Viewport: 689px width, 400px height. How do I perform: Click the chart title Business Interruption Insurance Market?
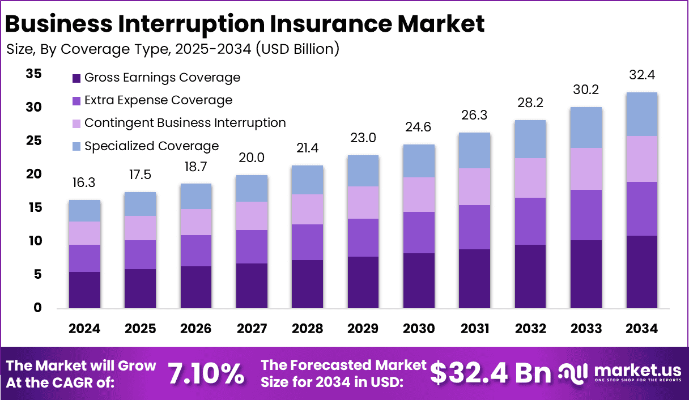coord(245,24)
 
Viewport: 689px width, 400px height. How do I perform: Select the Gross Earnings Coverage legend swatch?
coord(77,78)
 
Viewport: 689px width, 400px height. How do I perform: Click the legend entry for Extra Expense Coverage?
coord(158,100)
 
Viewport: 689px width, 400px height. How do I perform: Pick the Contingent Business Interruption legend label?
coord(185,123)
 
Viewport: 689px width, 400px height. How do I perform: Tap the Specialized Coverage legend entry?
coord(151,146)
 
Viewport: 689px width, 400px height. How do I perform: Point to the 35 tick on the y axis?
coord(33,74)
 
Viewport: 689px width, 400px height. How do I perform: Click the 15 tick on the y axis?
coord(33,208)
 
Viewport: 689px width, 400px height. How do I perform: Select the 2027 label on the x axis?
coord(252,329)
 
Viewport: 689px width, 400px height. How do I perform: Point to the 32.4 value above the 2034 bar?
coord(641,75)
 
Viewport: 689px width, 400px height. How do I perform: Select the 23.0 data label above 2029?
coord(363,138)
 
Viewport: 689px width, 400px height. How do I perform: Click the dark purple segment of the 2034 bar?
coord(641,272)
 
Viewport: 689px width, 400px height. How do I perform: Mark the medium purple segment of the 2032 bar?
coord(530,221)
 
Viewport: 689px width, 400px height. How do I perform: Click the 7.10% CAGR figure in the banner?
coord(206,373)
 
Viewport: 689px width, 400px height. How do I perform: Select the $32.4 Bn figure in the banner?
coord(490,373)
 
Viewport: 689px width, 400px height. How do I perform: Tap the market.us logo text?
coord(637,371)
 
